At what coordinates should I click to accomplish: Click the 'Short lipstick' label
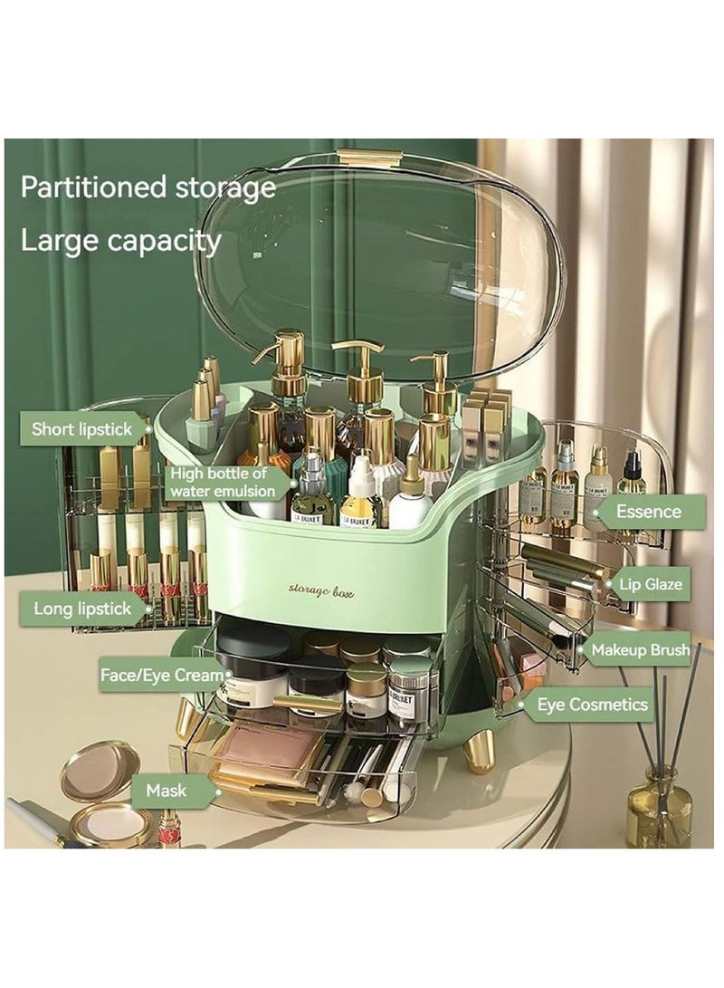point(82,429)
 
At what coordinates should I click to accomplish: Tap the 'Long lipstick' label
point(82,609)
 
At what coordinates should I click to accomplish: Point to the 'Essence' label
point(648,512)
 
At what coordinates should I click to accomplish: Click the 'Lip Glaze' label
point(650,584)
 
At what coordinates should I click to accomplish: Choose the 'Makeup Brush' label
point(640,649)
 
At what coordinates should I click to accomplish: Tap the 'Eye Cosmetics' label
point(593,705)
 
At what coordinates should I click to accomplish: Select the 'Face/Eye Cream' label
point(162,675)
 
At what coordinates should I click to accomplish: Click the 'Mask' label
point(166,791)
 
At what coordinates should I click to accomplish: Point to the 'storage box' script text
point(321,590)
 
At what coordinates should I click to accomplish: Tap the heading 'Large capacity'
point(120,241)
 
